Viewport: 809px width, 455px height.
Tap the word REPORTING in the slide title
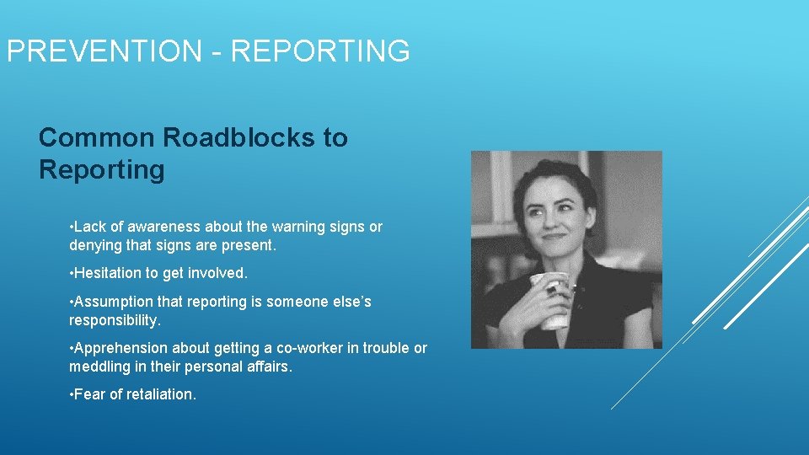(320, 51)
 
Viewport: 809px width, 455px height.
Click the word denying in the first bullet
(94, 246)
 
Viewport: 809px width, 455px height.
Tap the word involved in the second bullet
(220, 273)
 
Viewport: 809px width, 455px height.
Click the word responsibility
(115, 320)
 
